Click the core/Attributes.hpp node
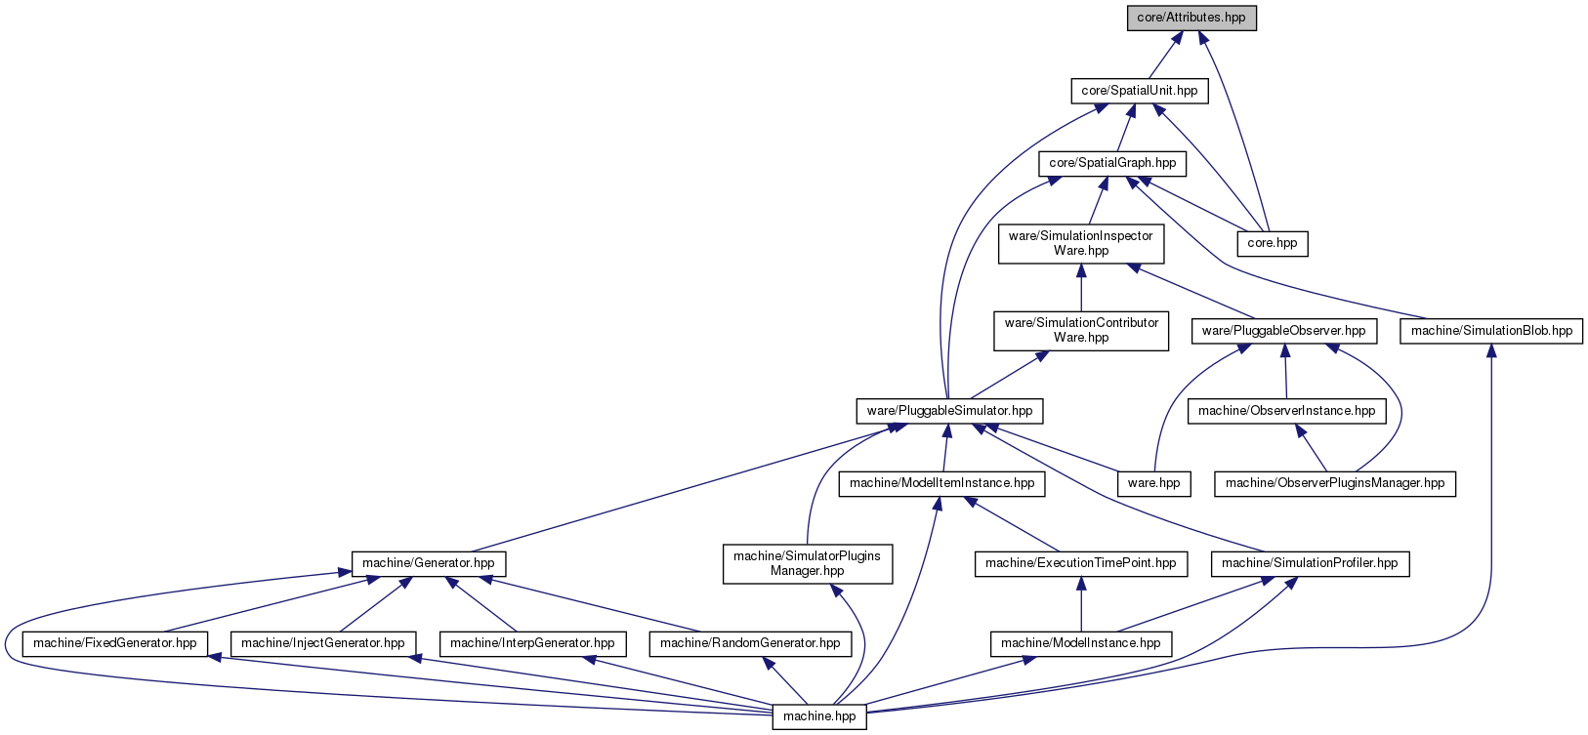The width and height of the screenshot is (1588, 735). [1191, 18]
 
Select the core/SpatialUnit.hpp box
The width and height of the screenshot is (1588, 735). [1140, 92]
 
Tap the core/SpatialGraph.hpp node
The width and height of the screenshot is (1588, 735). [1112, 164]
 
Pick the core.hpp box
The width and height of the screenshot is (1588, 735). [1273, 244]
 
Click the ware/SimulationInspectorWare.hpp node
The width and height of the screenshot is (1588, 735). [1080, 244]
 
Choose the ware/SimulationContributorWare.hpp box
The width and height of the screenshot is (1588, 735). [1081, 330]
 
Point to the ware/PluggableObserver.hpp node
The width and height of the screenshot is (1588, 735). [1284, 331]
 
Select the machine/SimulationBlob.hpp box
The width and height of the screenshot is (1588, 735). [1491, 331]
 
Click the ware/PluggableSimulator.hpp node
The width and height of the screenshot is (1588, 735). [949, 411]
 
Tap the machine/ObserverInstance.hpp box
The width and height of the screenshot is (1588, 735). [1286, 411]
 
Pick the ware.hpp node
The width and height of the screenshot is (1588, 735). [1153, 484]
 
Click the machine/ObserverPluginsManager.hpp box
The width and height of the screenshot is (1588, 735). [1335, 484]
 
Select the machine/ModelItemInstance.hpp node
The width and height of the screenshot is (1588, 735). [941, 484]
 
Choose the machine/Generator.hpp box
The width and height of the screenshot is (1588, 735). [428, 564]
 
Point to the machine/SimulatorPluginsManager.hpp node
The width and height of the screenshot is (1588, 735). [808, 564]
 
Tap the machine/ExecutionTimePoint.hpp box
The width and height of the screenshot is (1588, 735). [1080, 564]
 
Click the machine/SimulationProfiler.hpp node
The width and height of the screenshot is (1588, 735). [1310, 564]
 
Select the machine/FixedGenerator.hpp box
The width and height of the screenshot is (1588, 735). [115, 644]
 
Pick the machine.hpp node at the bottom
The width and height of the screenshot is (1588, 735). [819, 717]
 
